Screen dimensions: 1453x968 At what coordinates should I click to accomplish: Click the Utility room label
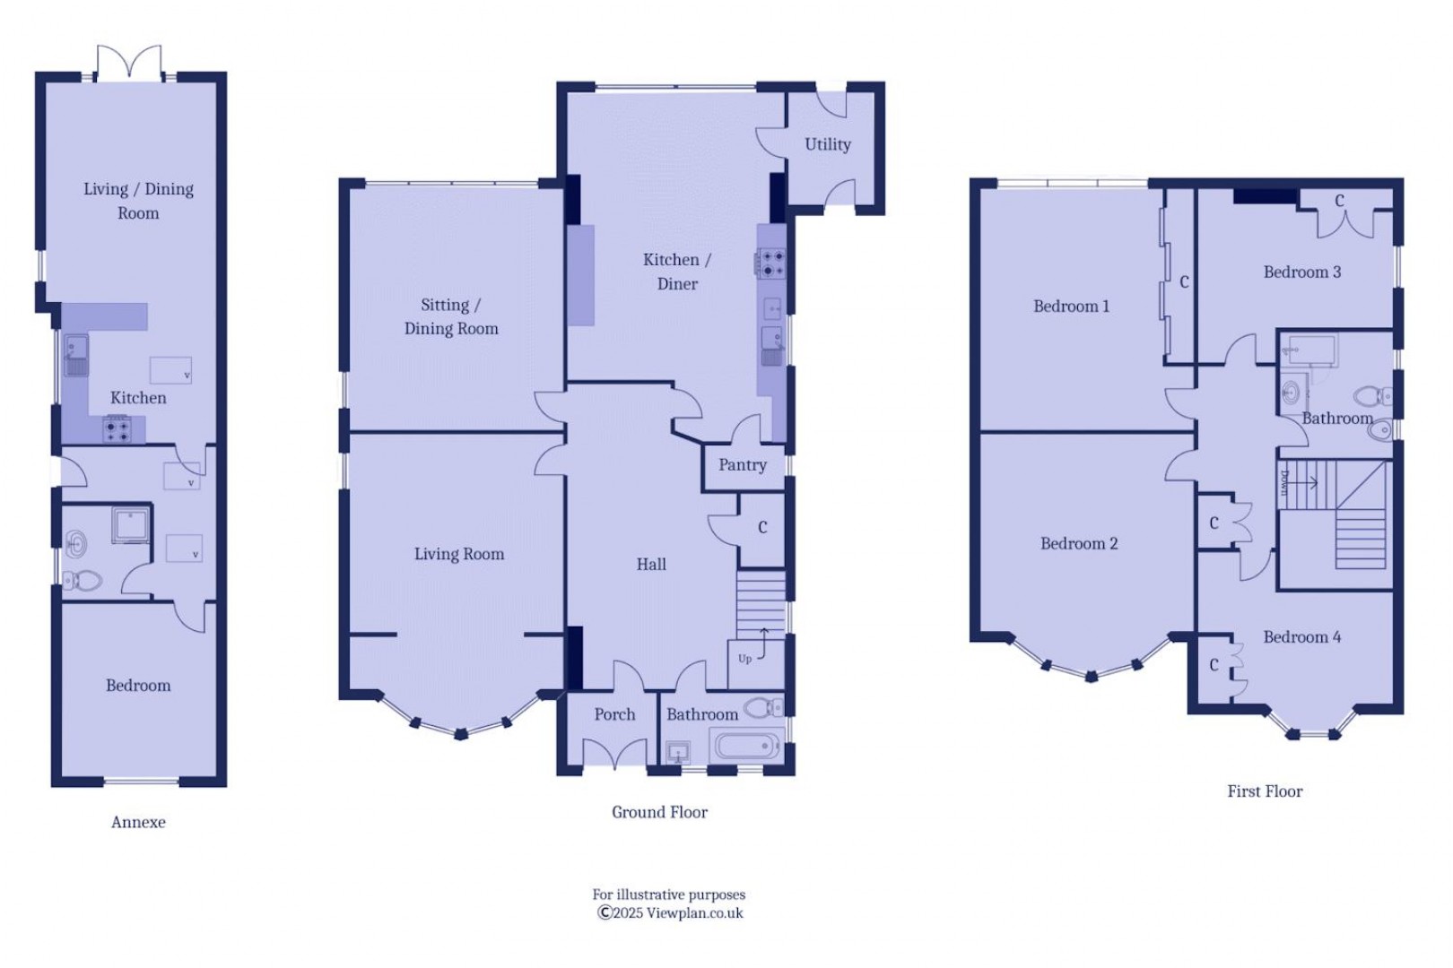click(x=827, y=144)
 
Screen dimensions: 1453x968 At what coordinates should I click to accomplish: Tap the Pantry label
click(x=742, y=465)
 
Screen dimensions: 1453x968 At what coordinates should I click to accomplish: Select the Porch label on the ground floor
click(x=614, y=714)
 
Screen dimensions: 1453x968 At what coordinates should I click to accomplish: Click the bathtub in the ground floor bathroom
click(x=746, y=745)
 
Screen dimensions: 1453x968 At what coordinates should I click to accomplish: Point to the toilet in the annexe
click(x=81, y=580)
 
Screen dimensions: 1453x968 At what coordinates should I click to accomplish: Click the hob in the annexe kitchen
click(x=117, y=429)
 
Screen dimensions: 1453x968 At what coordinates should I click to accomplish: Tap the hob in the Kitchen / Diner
click(x=772, y=264)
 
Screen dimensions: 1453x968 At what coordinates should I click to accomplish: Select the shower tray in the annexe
click(x=131, y=524)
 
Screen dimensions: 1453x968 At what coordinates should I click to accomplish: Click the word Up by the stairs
click(x=744, y=659)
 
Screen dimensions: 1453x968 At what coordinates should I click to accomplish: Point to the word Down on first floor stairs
click(x=1284, y=483)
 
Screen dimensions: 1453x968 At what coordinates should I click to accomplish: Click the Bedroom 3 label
click(x=1301, y=272)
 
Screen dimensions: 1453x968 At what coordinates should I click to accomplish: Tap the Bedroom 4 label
click(x=1301, y=637)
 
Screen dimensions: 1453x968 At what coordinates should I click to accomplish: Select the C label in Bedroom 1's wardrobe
click(x=1184, y=282)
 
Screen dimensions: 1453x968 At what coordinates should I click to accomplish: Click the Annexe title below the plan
click(x=138, y=822)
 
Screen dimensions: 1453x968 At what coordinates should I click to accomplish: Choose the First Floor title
click(x=1265, y=791)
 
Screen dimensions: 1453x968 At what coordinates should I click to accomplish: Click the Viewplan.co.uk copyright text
click(x=670, y=913)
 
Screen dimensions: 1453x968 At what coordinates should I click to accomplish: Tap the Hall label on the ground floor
click(x=650, y=565)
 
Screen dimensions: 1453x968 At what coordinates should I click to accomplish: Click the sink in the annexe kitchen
click(x=76, y=355)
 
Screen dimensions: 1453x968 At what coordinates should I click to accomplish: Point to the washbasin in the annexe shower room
click(x=76, y=544)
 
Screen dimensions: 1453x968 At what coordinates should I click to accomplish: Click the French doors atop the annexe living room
click(x=129, y=63)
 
